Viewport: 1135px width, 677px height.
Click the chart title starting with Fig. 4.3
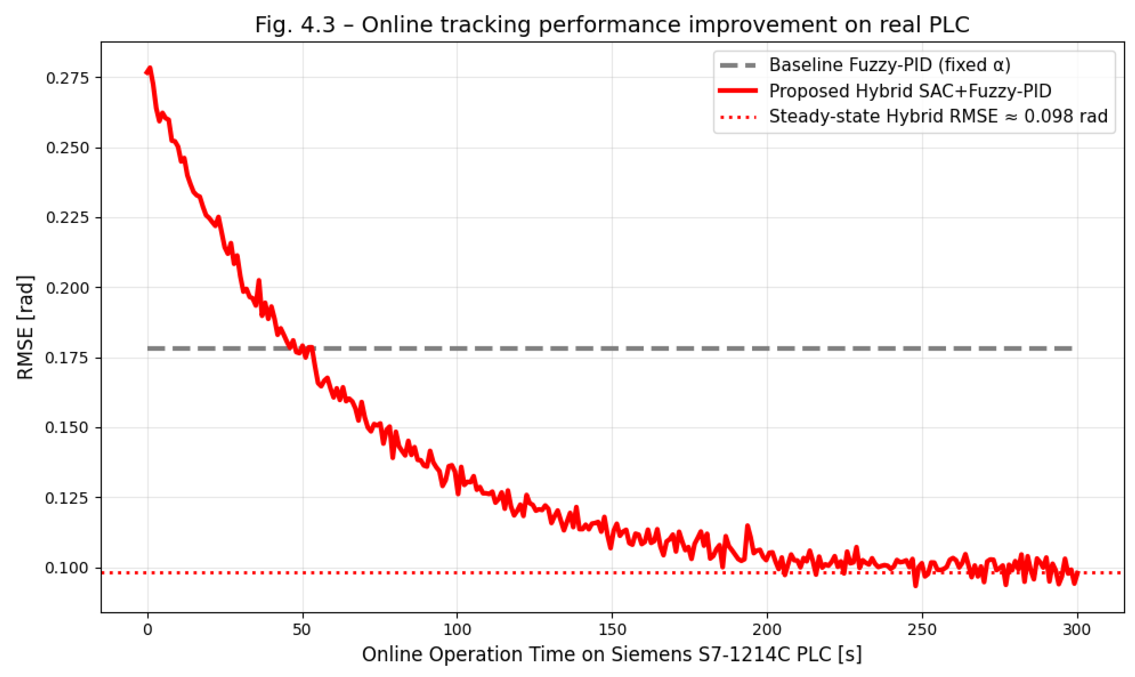[x=612, y=25]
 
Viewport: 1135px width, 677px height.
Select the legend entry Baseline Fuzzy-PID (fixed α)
[x=890, y=65]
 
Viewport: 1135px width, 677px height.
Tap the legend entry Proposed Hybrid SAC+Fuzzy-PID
[x=910, y=91]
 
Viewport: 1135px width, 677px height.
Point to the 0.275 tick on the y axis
[x=67, y=78]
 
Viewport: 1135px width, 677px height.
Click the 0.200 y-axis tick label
[x=67, y=288]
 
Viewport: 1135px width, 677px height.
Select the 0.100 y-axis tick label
[x=67, y=569]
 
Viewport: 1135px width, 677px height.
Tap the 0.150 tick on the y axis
[x=67, y=428]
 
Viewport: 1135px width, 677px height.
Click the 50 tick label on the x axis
[x=302, y=630]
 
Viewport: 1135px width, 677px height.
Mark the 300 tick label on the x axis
[x=1077, y=630]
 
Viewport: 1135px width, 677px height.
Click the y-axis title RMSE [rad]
[x=25, y=327]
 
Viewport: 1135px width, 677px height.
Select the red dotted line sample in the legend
[x=738, y=117]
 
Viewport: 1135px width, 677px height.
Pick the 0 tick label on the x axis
[x=147, y=630]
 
